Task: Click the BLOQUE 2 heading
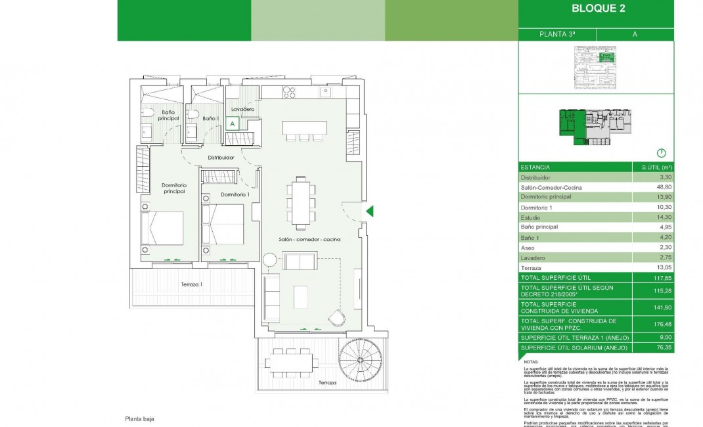point(598,9)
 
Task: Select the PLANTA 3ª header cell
point(556,34)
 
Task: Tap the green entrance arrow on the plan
point(369,211)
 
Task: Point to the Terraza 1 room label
point(192,284)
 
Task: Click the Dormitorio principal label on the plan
point(174,189)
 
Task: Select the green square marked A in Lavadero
point(232,122)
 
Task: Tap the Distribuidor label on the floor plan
point(221,158)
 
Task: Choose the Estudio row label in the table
point(530,217)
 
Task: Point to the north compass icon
point(661,152)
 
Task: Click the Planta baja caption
point(139,418)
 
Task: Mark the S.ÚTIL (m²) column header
point(652,168)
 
